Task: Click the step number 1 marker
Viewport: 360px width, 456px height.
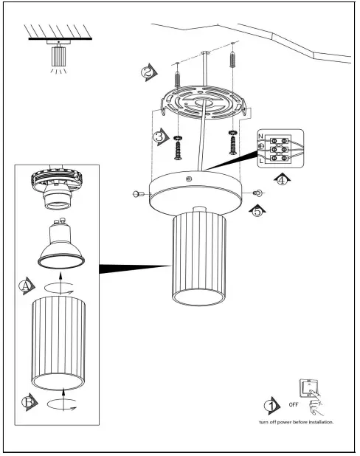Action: tap(271, 406)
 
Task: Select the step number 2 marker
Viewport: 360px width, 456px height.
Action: tap(149, 72)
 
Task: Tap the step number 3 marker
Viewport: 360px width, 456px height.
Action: tap(159, 137)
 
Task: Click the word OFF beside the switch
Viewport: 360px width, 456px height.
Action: tap(292, 406)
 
